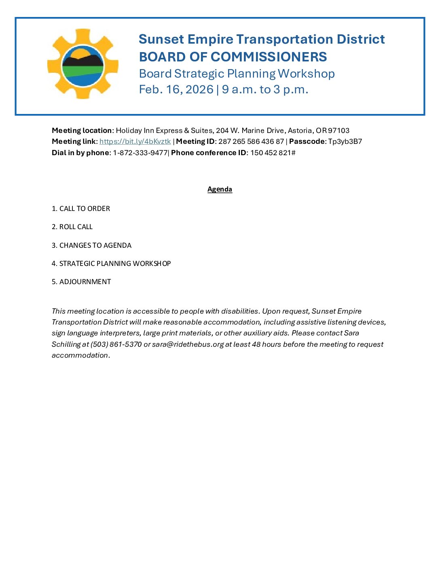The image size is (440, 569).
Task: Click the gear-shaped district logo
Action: (83, 64)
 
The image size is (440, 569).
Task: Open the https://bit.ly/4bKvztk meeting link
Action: (135, 141)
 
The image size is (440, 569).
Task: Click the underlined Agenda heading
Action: (220, 189)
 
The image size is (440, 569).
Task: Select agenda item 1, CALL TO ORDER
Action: (81, 209)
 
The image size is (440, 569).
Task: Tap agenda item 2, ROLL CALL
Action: (72, 227)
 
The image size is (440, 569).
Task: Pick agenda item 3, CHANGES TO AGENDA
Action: (91, 245)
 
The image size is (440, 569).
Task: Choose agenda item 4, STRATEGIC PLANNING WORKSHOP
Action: (111, 263)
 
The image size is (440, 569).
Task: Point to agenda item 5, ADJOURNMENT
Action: (81, 282)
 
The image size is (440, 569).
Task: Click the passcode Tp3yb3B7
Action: (345, 141)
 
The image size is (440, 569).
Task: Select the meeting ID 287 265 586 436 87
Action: (251, 141)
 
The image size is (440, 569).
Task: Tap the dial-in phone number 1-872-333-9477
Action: (140, 153)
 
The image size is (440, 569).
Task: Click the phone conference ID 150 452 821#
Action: (273, 153)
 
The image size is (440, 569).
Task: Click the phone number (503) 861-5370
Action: (116, 344)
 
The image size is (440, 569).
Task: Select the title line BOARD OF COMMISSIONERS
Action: (233, 57)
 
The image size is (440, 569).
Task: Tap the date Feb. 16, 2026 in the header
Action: (176, 89)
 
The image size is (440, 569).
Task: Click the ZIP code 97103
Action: (338, 131)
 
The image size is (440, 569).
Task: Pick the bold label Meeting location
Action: (82, 131)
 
